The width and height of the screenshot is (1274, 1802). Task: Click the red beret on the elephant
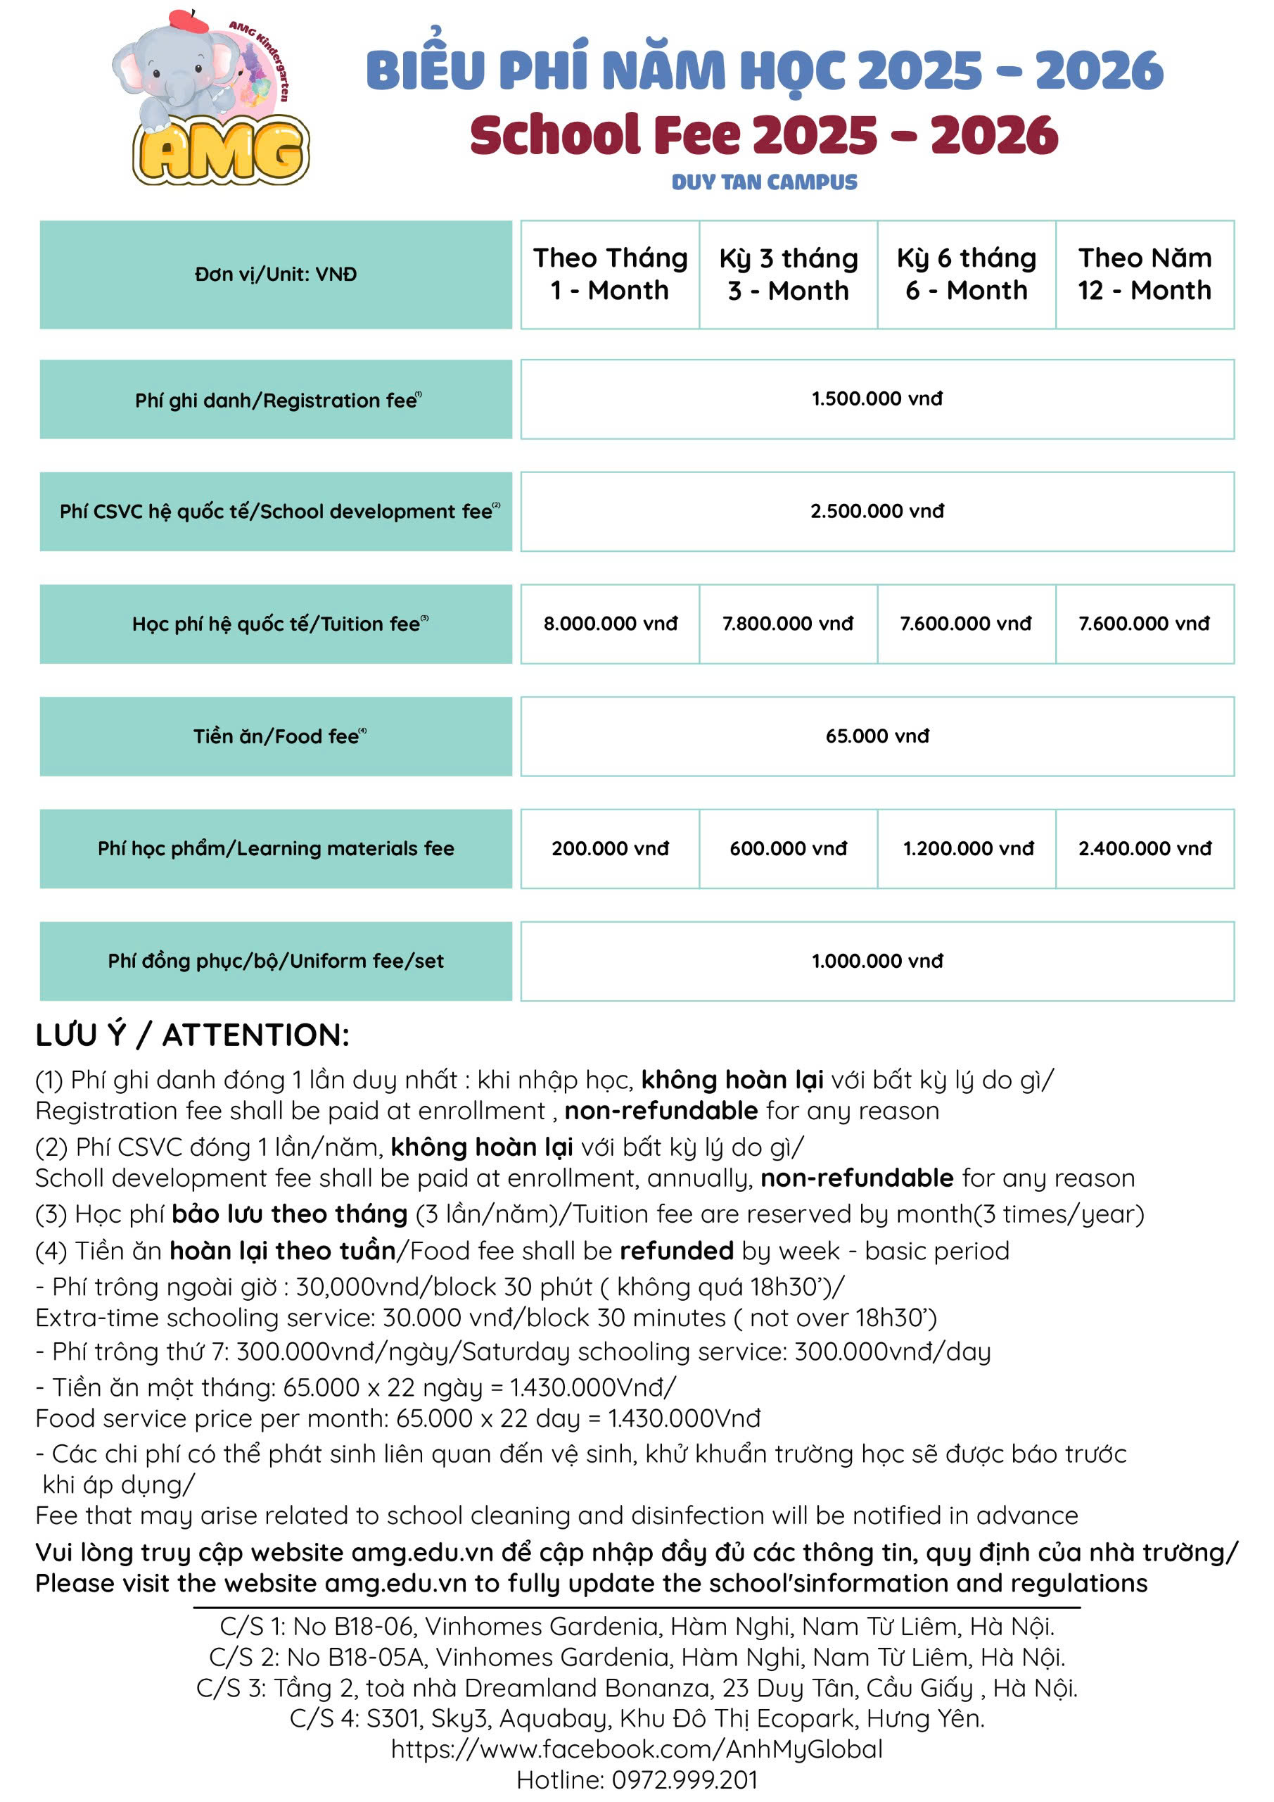[188, 20]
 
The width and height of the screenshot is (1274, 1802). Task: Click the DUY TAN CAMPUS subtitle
[764, 182]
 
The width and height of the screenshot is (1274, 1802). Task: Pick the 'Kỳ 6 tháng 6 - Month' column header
[966, 274]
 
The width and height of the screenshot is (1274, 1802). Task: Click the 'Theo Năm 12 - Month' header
[1145, 274]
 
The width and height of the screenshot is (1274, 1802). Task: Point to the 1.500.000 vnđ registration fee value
[877, 398]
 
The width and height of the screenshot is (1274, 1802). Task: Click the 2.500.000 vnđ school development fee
[877, 511]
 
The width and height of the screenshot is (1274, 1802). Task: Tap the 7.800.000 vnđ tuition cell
[788, 623]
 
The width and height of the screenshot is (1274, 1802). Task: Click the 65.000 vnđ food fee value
[877, 736]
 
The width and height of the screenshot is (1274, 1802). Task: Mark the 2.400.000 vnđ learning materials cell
[1145, 848]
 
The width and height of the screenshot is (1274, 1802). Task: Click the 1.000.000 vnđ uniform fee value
[877, 961]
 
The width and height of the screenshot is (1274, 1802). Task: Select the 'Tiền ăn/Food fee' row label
[276, 736]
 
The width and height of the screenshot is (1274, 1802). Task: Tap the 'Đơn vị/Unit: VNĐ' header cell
[276, 274]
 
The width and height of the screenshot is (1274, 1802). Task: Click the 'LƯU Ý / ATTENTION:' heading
[192, 1035]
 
